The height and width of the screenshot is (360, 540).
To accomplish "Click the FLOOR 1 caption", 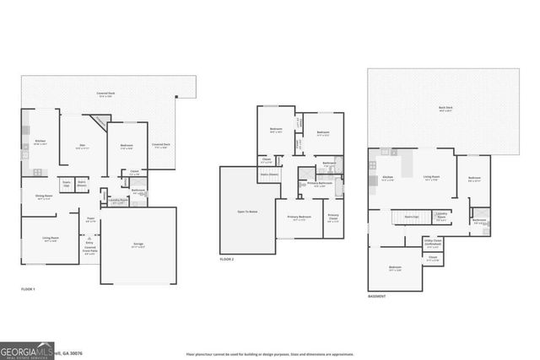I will [29, 289].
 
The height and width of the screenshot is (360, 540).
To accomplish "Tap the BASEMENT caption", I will [377, 297].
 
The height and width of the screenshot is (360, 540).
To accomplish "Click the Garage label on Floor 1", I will [138, 245].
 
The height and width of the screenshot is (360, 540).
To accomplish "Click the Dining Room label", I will [43, 197].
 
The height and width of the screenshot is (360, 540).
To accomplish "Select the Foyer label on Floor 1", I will [90, 218].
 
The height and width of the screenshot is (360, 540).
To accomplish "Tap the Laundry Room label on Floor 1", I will [120, 201].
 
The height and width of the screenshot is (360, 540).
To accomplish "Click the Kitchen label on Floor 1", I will [39, 142].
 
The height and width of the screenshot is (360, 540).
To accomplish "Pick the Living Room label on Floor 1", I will [51, 239].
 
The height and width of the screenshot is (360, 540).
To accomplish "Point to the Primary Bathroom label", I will [320, 184].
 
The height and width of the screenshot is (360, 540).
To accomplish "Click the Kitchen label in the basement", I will [388, 177].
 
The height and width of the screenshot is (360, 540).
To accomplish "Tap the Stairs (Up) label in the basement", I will [411, 217].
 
